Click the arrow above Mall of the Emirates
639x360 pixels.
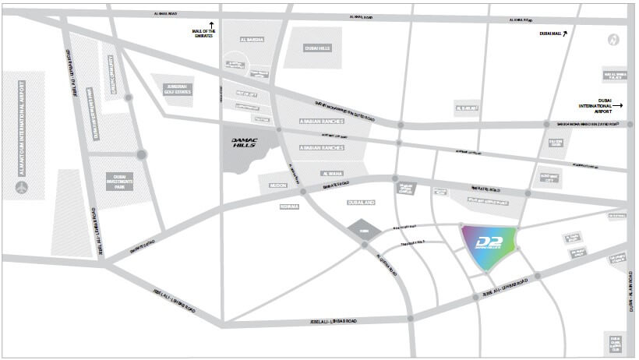click(210, 26)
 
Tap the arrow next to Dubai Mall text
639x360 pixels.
click(567, 32)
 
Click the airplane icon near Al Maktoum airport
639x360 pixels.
click(21, 187)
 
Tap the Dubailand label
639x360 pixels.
click(362, 202)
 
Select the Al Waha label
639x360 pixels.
click(332, 174)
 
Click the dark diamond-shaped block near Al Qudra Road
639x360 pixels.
click(360, 231)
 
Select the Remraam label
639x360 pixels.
click(290, 207)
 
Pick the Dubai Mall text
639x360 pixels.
click(549, 34)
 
